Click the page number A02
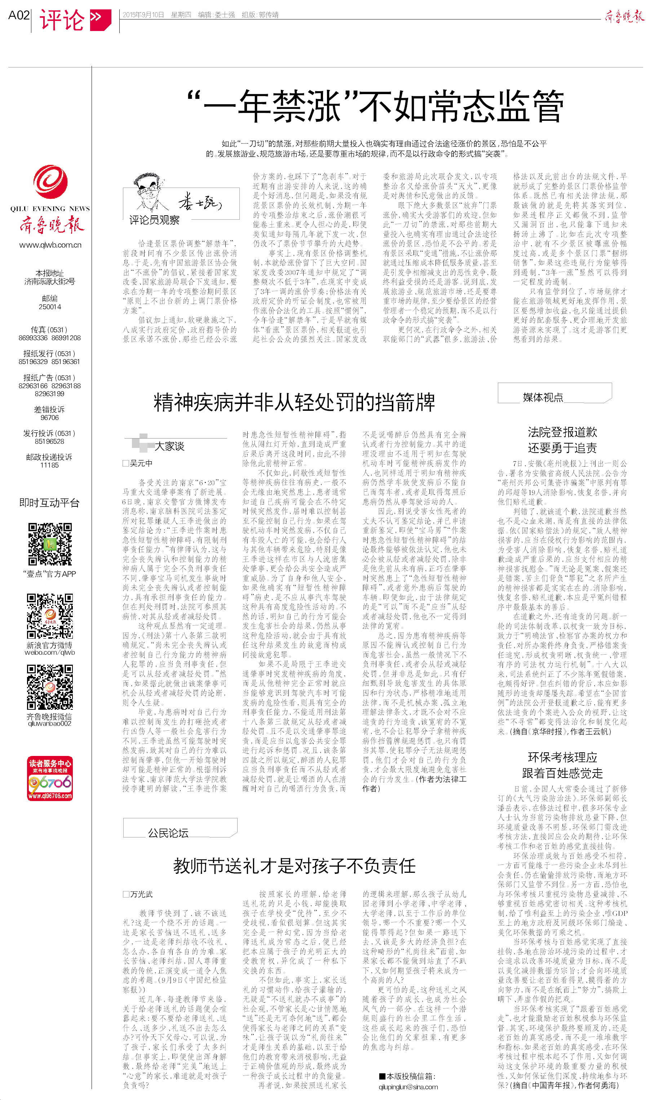click(x=19, y=16)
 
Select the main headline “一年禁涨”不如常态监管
click(x=375, y=106)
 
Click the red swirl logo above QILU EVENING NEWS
click(x=50, y=182)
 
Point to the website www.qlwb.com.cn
click(x=50, y=245)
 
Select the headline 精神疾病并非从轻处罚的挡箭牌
click(x=294, y=402)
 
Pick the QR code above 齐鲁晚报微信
click(x=50, y=686)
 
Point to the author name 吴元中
click(x=141, y=463)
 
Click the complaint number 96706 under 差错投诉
click(x=49, y=418)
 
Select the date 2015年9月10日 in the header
click(x=143, y=15)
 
